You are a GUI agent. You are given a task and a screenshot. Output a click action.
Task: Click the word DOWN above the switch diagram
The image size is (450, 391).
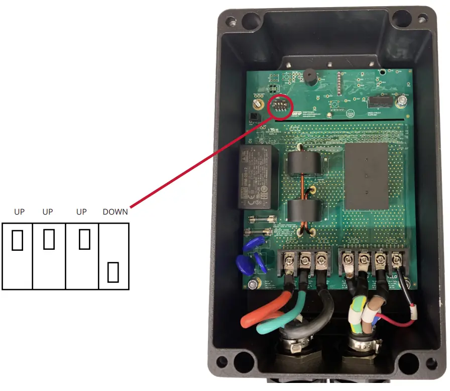coord(115,212)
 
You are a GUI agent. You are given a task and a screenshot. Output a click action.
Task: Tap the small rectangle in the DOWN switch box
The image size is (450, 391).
coord(113,272)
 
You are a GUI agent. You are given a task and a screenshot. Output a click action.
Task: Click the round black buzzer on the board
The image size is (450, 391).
coord(309,78)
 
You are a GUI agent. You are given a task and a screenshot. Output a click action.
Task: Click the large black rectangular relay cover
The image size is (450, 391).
coord(367,176)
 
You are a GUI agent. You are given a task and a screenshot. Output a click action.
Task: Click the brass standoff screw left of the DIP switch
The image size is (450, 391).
coord(258,104)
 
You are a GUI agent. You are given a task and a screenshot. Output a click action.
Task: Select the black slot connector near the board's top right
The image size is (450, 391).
coord(379,102)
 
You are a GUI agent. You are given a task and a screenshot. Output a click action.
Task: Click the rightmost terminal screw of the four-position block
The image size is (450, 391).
coord(397,260)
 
